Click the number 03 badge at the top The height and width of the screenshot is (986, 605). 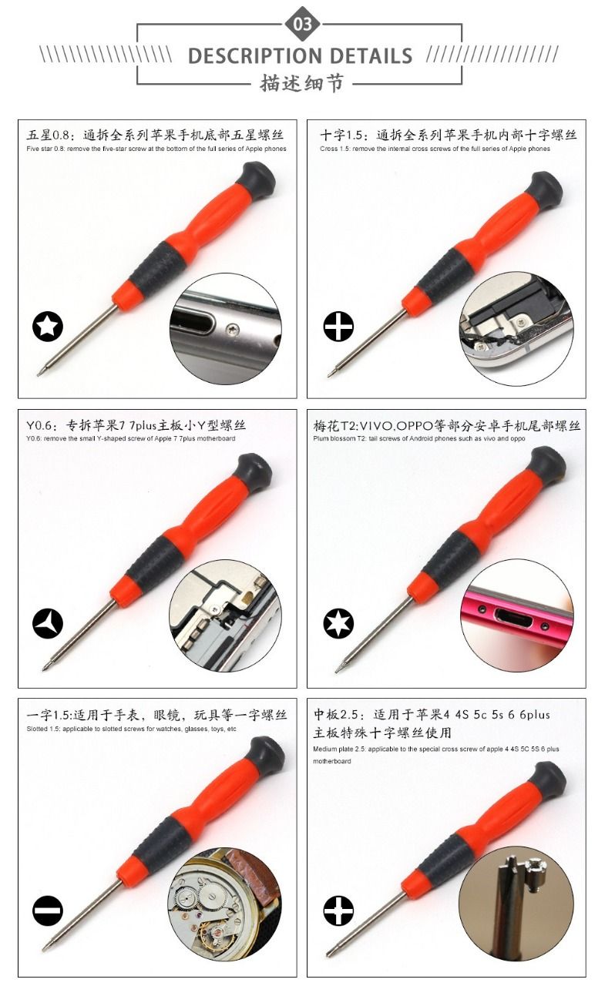(x=302, y=24)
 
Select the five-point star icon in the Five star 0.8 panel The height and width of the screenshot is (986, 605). (x=48, y=327)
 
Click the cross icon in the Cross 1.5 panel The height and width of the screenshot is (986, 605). (x=338, y=327)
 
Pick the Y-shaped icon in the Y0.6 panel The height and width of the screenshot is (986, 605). (x=48, y=623)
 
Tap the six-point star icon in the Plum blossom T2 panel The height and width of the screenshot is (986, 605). (x=338, y=623)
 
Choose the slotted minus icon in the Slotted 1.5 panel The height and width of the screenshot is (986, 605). (x=48, y=911)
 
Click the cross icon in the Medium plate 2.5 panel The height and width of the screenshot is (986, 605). (x=338, y=911)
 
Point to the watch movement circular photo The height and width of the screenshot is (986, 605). (x=225, y=904)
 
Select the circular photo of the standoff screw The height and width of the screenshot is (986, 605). (x=515, y=904)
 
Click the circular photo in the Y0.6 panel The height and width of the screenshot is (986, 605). (x=225, y=615)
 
